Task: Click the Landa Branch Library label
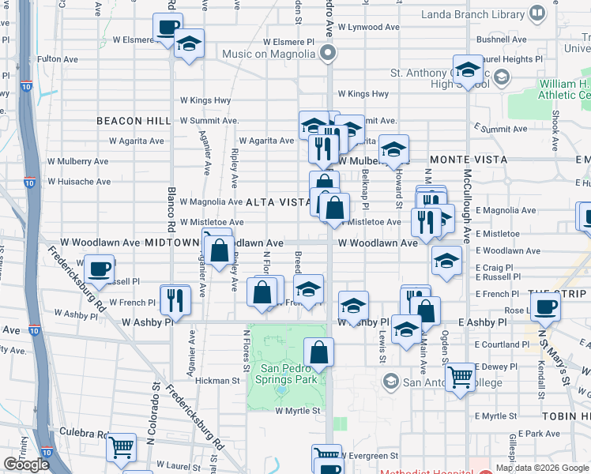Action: click(x=484, y=13)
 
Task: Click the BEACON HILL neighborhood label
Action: click(x=134, y=121)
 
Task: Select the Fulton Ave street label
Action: click(x=58, y=59)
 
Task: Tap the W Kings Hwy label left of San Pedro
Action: click(x=205, y=100)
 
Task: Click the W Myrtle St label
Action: click(x=298, y=411)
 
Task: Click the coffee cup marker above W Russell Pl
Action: click(x=100, y=269)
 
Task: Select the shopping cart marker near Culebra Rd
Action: click(x=120, y=448)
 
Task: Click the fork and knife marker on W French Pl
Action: click(x=174, y=299)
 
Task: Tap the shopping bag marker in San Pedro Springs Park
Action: click(x=318, y=352)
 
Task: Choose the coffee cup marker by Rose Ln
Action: click(x=545, y=307)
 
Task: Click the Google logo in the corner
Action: click(x=26, y=464)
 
